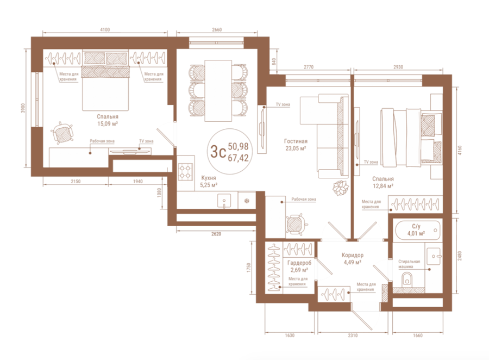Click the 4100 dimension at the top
[x=105, y=30]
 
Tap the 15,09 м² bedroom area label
[x=108, y=123]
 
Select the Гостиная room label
[x=296, y=141]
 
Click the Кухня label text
[x=209, y=178]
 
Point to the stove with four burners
[x=185, y=172]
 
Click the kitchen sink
[x=224, y=200]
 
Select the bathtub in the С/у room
[x=418, y=231]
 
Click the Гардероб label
[x=299, y=263]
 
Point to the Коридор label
[x=353, y=255]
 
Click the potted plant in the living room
[x=341, y=188]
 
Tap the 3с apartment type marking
[x=218, y=152]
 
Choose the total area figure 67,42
[x=239, y=158]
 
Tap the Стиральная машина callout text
[x=409, y=264]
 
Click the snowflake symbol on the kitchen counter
[x=247, y=201]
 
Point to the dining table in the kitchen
[x=218, y=91]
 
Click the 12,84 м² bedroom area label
[x=383, y=186]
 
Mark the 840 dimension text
[x=274, y=61]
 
